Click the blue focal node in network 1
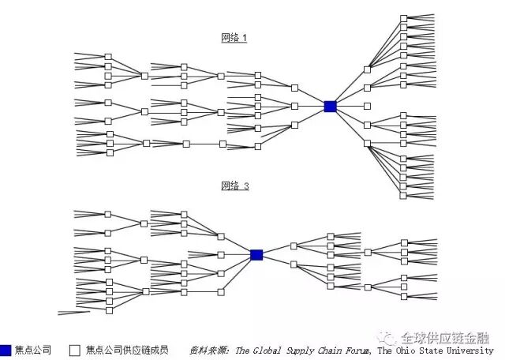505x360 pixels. (330, 106)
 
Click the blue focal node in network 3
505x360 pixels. (256, 254)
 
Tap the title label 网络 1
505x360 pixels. (234, 38)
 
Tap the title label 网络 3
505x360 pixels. (234, 186)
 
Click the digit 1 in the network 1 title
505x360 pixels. (245, 38)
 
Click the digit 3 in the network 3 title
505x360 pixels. (245, 186)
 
